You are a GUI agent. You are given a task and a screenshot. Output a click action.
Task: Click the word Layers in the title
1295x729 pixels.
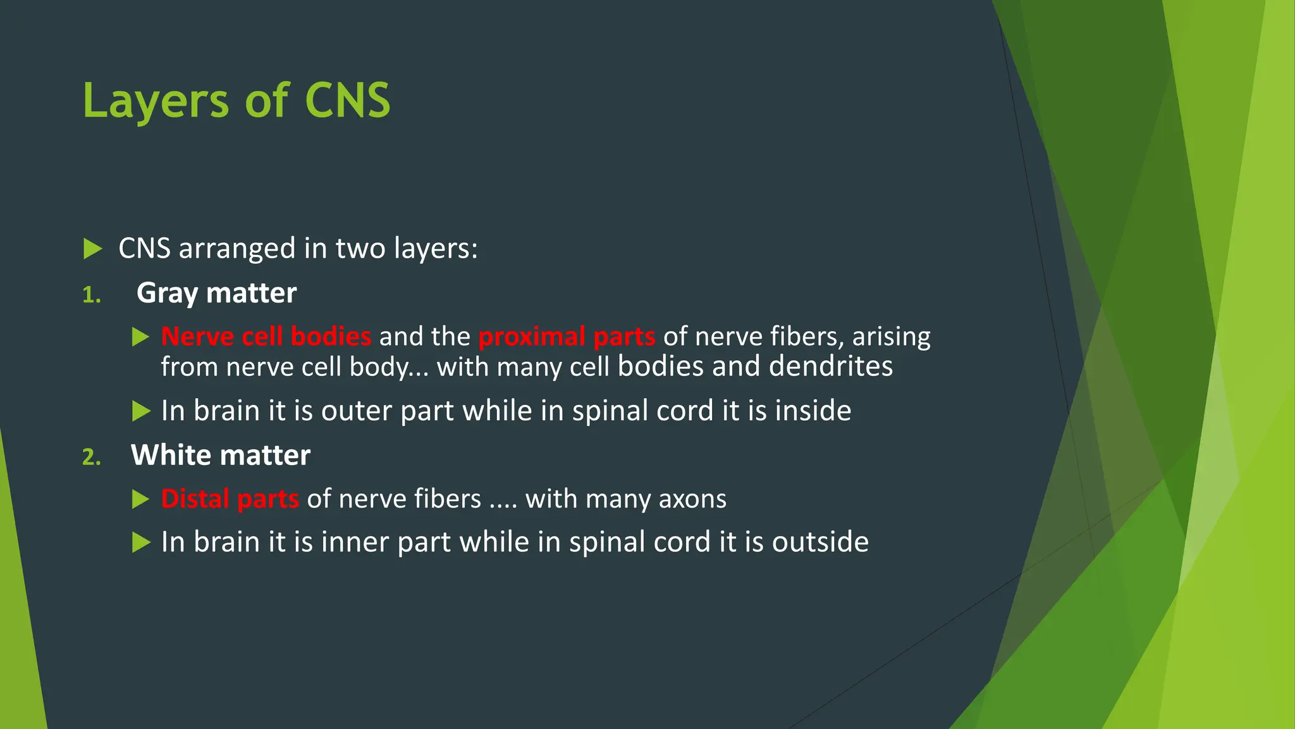(x=155, y=101)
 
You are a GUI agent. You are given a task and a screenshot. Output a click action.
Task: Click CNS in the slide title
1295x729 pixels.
(x=347, y=101)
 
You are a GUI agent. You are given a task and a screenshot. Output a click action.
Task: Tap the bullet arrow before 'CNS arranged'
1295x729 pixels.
(x=92, y=249)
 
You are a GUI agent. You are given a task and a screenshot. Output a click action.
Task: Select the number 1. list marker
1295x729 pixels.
(x=92, y=295)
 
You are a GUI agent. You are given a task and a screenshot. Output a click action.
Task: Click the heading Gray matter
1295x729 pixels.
(x=216, y=293)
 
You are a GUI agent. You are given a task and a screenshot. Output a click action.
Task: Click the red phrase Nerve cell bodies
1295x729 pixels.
(x=266, y=336)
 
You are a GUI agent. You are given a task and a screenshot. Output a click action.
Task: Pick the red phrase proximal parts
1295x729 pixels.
(x=567, y=336)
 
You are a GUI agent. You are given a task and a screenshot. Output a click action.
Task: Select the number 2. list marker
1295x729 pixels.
(x=92, y=457)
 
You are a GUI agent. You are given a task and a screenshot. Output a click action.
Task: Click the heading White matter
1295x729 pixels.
(x=220, y=455)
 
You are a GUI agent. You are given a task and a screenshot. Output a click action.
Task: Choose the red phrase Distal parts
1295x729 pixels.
(x=230, y=499)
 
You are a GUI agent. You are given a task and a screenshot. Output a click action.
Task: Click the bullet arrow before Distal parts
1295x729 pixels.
(x=140, y=499)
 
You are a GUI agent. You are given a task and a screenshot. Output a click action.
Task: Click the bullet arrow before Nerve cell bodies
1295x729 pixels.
(x=140, y=337)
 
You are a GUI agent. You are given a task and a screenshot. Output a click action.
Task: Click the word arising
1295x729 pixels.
(x=891, y=337)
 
